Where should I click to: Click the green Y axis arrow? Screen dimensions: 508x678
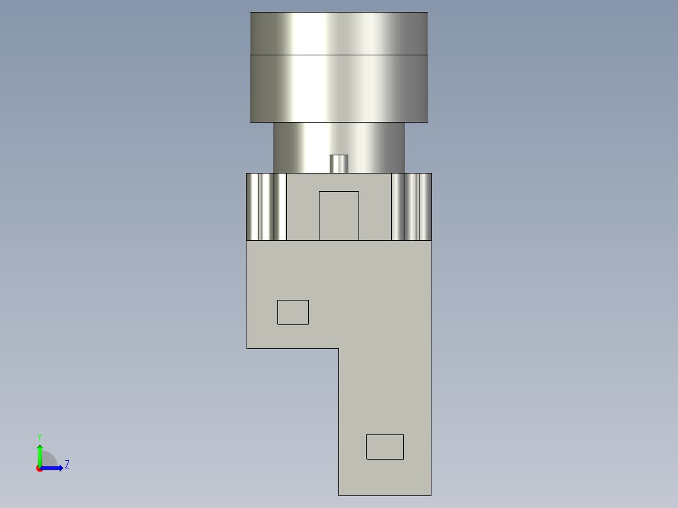40,454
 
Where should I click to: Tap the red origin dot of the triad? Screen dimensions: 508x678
40,468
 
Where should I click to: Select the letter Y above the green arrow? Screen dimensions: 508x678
40,436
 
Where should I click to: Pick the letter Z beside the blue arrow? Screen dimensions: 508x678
67,465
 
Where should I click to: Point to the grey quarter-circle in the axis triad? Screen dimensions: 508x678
48,460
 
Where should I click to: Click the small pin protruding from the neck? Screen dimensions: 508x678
339,163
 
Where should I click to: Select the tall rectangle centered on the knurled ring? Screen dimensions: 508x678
339,216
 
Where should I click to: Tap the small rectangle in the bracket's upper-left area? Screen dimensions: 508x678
293,312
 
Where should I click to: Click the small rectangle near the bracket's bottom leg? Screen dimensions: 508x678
385,446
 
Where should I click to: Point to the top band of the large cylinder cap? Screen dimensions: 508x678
339,33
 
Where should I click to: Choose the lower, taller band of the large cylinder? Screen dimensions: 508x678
339,88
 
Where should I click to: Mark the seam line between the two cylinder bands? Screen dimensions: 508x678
339,55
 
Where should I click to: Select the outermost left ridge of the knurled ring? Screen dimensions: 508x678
253,207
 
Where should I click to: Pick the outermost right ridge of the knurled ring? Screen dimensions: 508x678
426,207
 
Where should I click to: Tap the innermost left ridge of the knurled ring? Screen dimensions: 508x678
281,207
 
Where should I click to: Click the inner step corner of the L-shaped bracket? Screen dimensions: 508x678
338,348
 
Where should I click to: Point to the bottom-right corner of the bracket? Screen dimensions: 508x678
431,495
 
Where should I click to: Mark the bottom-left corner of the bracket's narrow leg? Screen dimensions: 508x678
339,495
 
